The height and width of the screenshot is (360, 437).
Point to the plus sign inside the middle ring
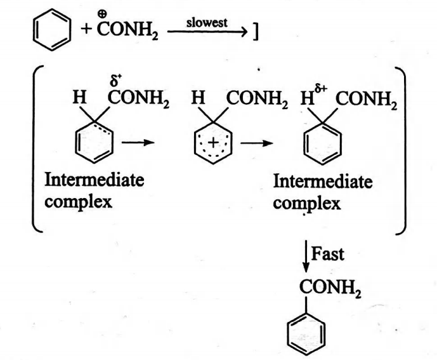click(x=212, y=143)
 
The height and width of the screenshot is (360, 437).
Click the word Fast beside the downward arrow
click(x=329, y=254)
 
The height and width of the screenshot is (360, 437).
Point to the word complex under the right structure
click(x=308, y=204)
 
